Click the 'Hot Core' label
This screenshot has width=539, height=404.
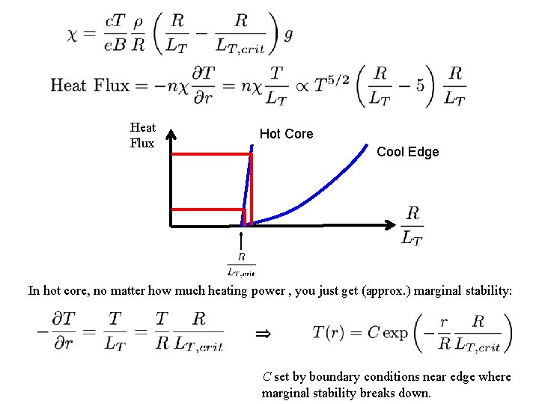pyautogui.click(x=286, y=134)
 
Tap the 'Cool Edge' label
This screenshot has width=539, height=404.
pyautogui.click(x=407, y=152)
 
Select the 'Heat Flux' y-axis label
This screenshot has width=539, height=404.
pyautogui.click(x=142, y=135)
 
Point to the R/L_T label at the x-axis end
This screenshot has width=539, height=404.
pyautogui.click(x=412, y=225)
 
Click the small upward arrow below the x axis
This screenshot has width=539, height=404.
pyautogui.click(x=241, y=241)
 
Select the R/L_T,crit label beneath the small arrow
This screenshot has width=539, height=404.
pyautogui.click(x=241, y=264)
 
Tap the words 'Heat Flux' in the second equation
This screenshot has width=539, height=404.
pyautogui.click(x=90, y=85)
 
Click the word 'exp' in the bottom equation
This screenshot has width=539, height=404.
pyautogui.click(x=395, y=334)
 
